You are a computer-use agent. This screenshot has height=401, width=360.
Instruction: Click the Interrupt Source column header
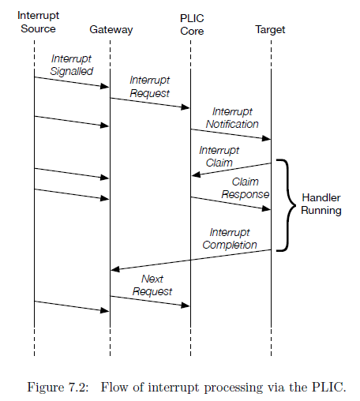click(36, 22)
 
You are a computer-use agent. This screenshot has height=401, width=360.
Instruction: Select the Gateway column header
click(111, 30)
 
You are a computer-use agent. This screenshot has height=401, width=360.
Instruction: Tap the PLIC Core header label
click(191, 22)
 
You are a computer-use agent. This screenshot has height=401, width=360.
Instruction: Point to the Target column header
click(270, 30)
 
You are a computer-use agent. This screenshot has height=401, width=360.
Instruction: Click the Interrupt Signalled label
click(71, 65)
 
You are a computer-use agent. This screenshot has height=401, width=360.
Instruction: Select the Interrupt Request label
click(150, 87)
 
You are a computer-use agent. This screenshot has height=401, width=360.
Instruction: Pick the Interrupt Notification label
click(231, 118)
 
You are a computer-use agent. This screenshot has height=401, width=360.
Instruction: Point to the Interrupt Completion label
click(230, 238)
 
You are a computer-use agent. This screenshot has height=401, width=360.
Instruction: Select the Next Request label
click(152, 285)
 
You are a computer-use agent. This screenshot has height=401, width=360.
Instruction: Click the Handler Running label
click(321, 204)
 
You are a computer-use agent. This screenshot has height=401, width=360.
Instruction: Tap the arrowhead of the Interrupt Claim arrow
click(195, 174)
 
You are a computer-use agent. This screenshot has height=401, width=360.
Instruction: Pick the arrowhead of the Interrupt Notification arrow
click(266, 139)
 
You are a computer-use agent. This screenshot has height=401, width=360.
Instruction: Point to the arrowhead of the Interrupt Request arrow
click(186, 107)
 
